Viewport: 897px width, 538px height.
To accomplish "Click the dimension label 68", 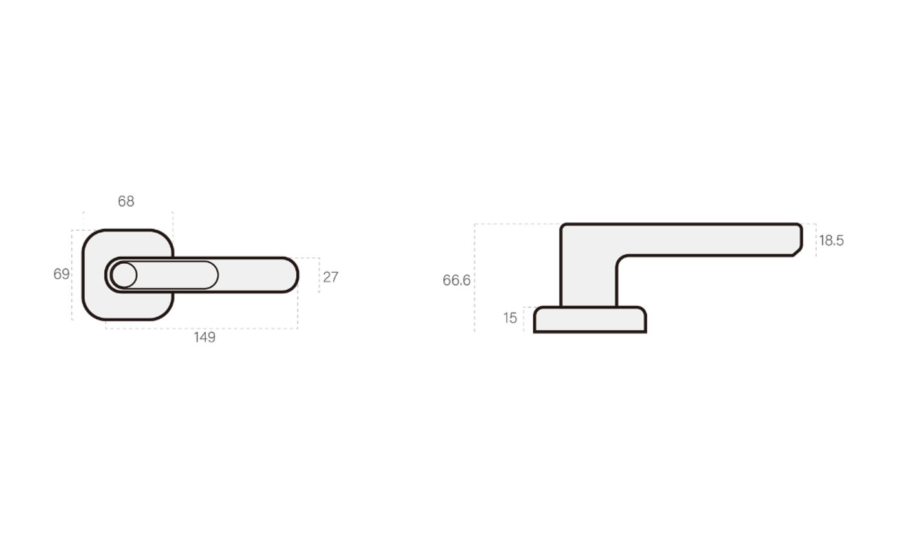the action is tap(126, 201).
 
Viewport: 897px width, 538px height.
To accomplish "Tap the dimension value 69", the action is tap(61, 274).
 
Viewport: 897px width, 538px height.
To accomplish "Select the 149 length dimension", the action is tap(205, 337).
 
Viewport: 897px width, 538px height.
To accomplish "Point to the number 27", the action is tap(330, 277).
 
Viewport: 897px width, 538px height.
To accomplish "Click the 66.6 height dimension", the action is tap(456, 281).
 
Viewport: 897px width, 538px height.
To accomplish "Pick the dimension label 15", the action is tap(510, 318).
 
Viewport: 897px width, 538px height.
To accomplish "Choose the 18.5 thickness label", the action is tap(832, 241).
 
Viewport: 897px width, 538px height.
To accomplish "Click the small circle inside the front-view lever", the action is tap(124, 275).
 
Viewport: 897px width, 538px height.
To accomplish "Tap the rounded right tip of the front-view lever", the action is tap(297, 275).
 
